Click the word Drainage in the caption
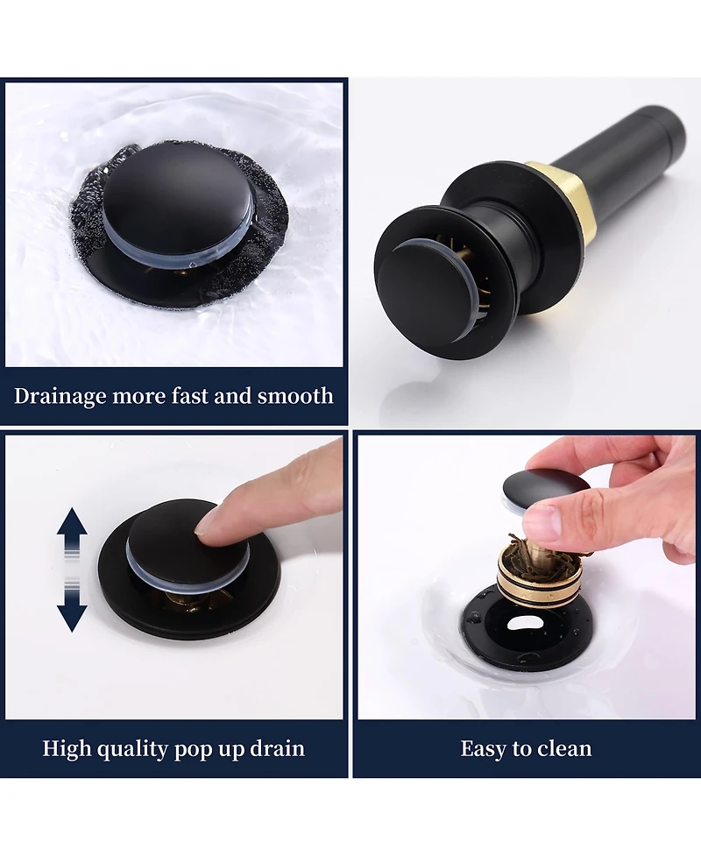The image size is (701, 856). click(x=60, y=396)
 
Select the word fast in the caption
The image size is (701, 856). click(x=190, y=395)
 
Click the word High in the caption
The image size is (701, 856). click(x=67, y=748)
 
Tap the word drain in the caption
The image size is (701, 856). click(x=278, y=748)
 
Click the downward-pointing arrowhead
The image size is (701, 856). click(x=72, y=617)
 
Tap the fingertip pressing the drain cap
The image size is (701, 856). click(x=210, y=524)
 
